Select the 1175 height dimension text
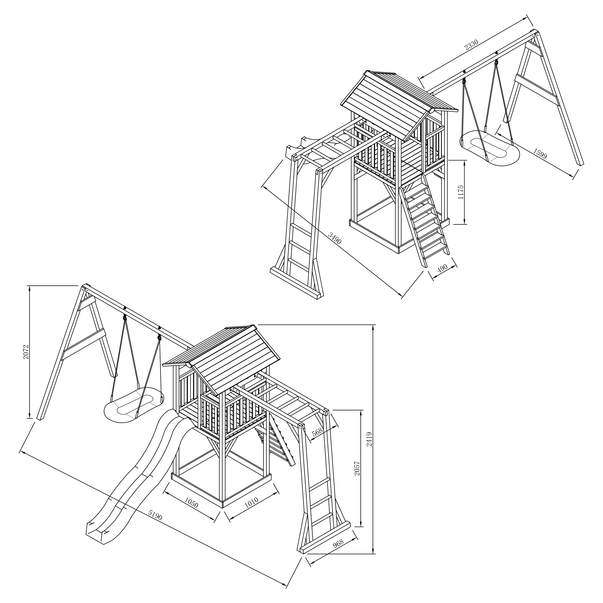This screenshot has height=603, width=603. [461, 192]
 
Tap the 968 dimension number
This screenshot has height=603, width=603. [338, 543]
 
